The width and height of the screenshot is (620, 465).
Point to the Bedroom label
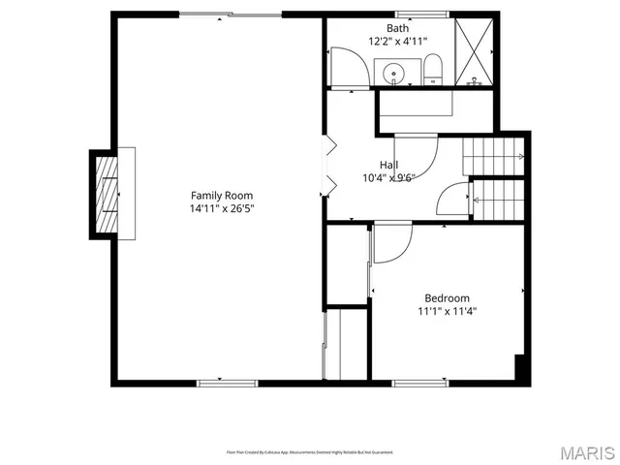click(x=447, y=298)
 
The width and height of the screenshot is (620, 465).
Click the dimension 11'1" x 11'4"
click(x=447, y=312)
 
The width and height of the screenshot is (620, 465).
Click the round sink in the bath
click(x=394, y=73)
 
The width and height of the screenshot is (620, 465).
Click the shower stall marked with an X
click(x=475, y=51)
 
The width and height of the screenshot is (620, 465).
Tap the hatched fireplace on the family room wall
click(x=105, y=194)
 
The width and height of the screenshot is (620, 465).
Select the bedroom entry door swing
click(x=391, y=243)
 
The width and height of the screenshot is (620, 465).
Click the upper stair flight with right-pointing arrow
click(x=493, y=156)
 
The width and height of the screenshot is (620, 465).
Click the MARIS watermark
click(x=586, y=452)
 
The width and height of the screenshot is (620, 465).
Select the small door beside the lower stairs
click(x=453, y=201)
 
